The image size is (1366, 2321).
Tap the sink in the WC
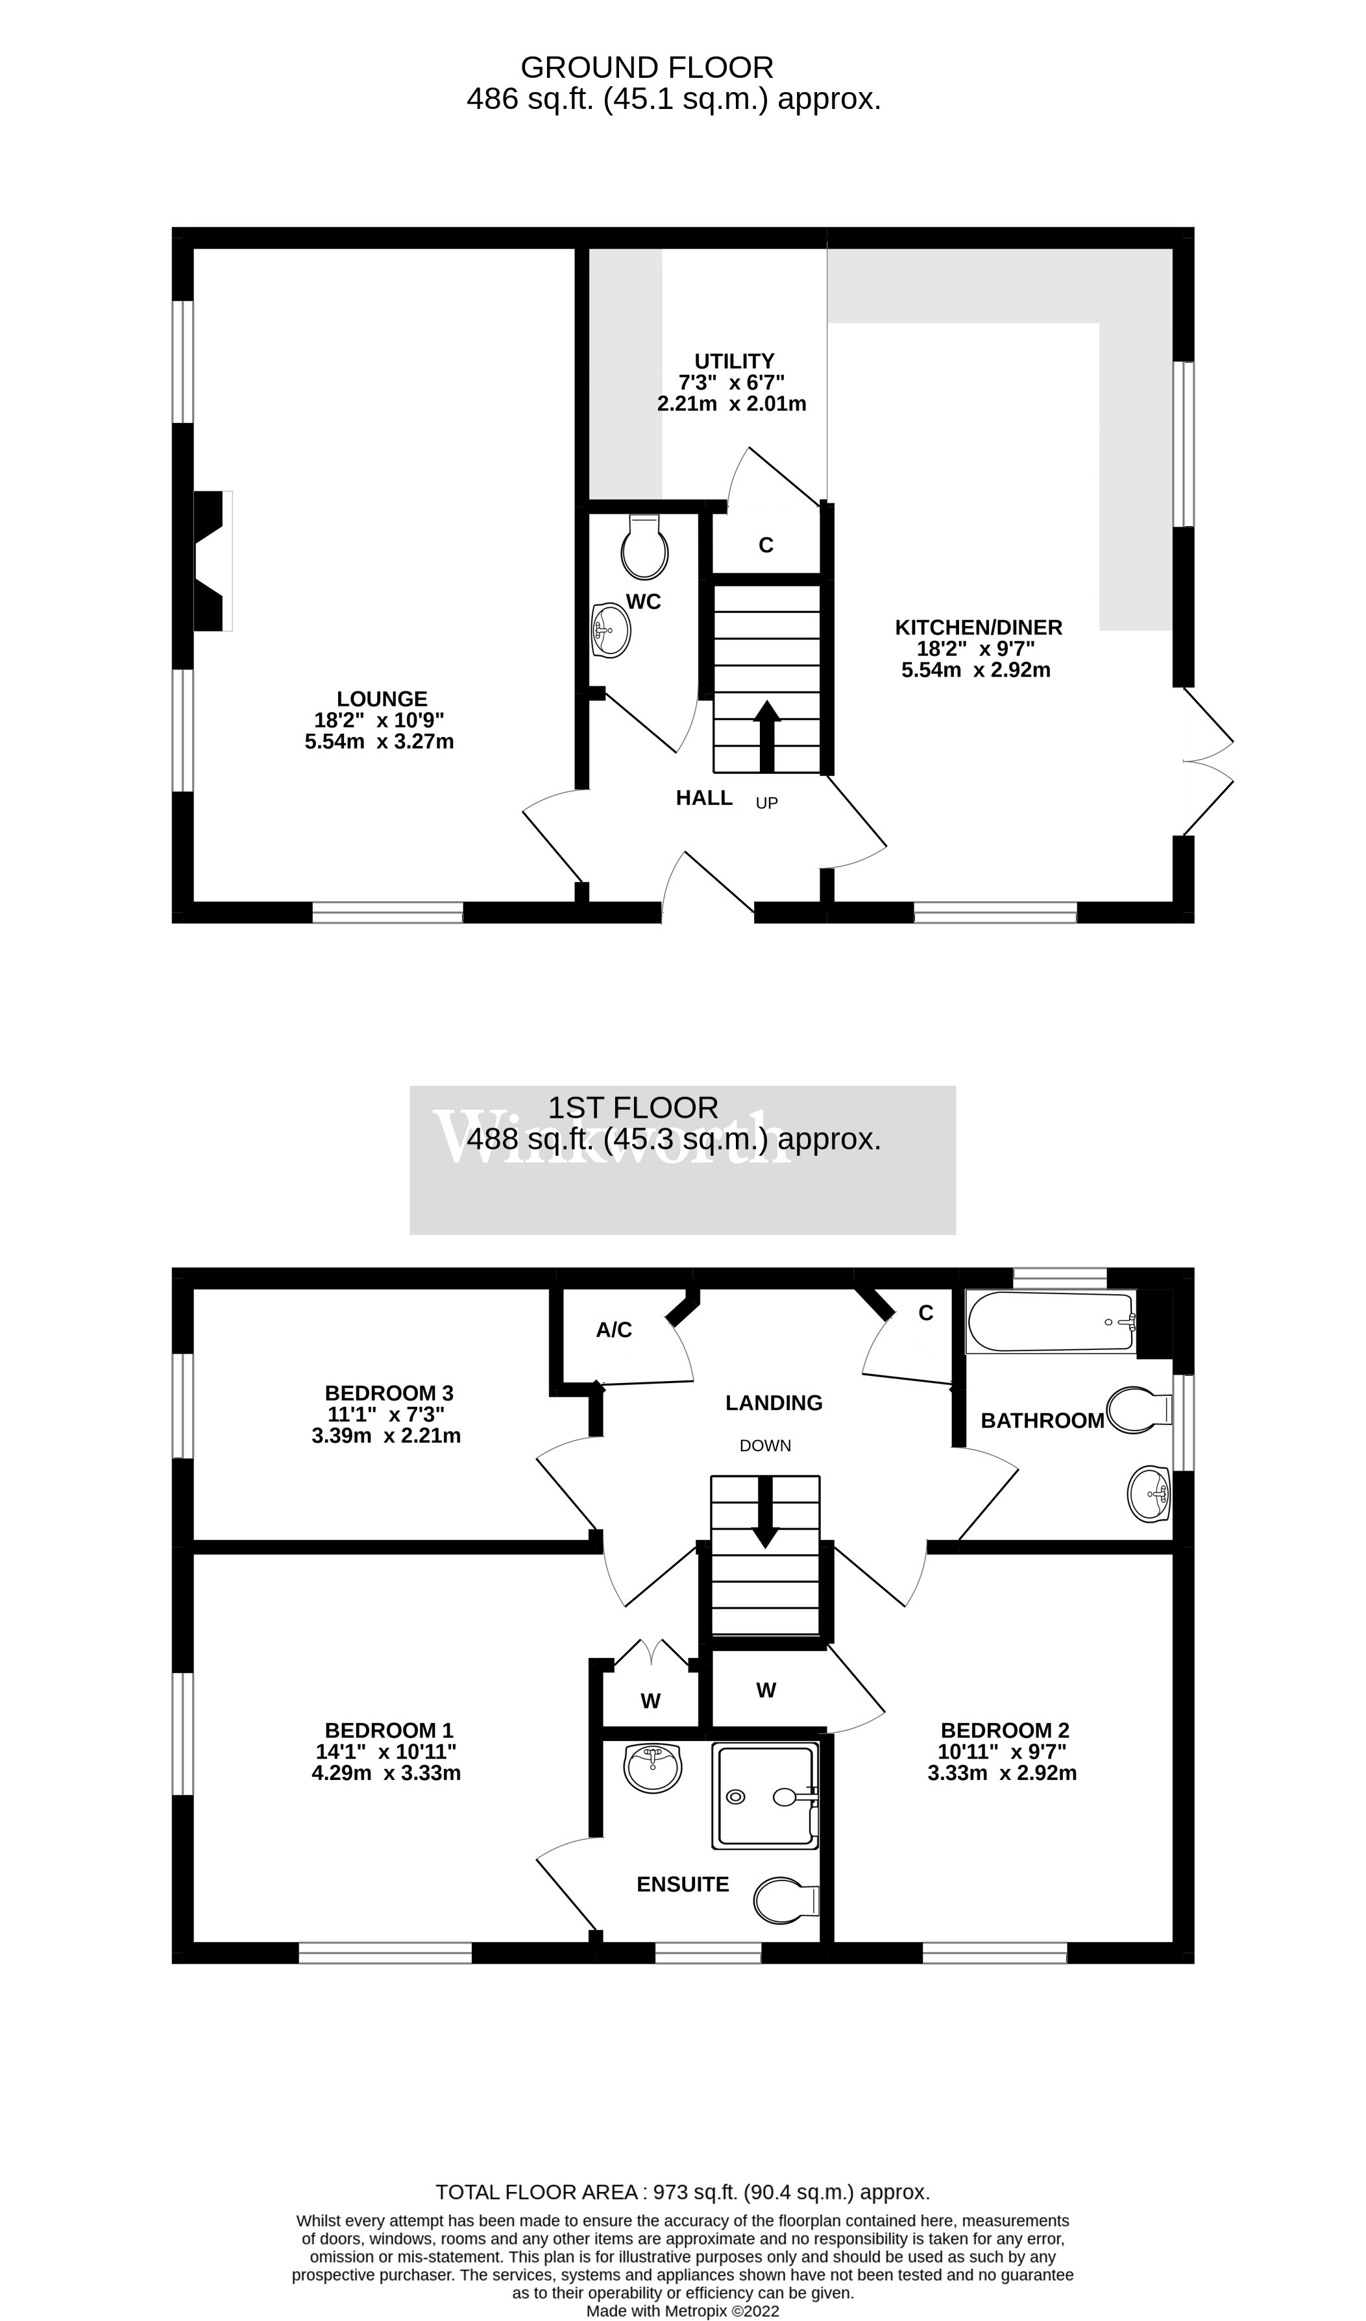coord(611,631)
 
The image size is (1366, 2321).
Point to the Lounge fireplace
coord(210,561)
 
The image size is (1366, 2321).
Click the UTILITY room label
coord(733,361)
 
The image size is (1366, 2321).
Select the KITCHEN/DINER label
coord(978,627)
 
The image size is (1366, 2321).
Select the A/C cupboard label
coord(615,1330)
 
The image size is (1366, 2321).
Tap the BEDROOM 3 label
coord(389,1393)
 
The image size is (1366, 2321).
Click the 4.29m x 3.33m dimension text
coord(386,1773)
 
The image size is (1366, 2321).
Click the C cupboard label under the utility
coord(766,546)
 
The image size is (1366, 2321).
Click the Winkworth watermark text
coord(611,1139)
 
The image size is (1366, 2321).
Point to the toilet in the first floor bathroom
coord(1138,1410)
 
